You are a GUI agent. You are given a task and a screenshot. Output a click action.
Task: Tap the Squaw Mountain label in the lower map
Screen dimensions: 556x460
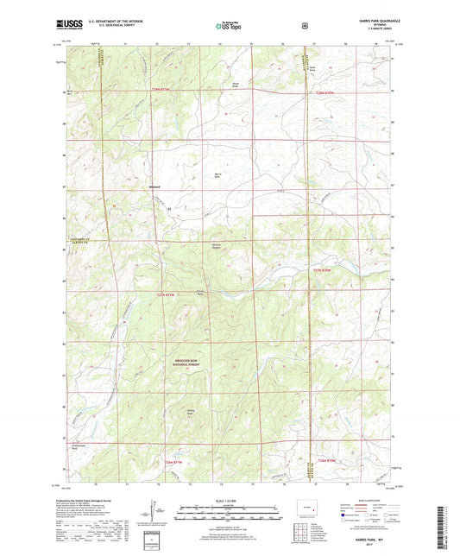click(x=192, y=412)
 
